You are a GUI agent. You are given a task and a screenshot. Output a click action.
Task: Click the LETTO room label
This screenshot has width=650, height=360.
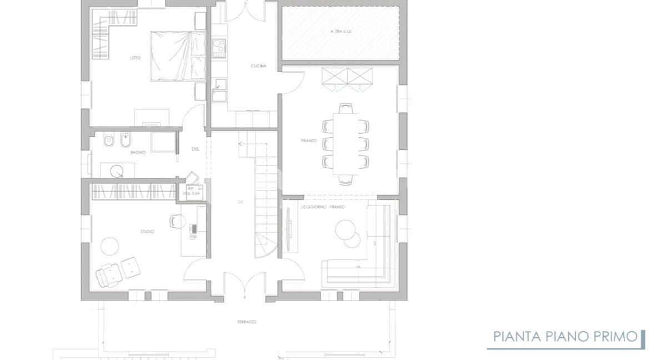(135, 58)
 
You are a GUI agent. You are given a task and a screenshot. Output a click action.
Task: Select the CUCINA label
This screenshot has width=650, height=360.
(258, 66)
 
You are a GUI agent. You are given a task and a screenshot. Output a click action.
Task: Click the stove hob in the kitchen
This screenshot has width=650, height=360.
(218, 47)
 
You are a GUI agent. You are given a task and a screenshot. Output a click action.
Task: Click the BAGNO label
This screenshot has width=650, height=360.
(138, 152)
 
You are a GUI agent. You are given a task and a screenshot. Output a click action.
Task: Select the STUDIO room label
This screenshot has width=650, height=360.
(147, 231)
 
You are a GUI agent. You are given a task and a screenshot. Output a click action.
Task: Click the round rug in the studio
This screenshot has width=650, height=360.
(109, 247)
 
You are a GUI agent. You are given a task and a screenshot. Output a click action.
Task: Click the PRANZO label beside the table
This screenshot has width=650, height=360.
(309, 141)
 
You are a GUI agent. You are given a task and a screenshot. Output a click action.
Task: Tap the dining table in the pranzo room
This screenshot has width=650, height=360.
(346, 142)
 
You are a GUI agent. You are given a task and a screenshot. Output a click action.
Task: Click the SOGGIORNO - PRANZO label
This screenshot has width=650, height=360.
(331, 207)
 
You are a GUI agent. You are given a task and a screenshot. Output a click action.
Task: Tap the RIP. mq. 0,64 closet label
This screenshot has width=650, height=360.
(190, 191)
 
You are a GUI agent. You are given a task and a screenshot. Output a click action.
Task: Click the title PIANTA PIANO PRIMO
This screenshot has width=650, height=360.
(566, 337)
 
